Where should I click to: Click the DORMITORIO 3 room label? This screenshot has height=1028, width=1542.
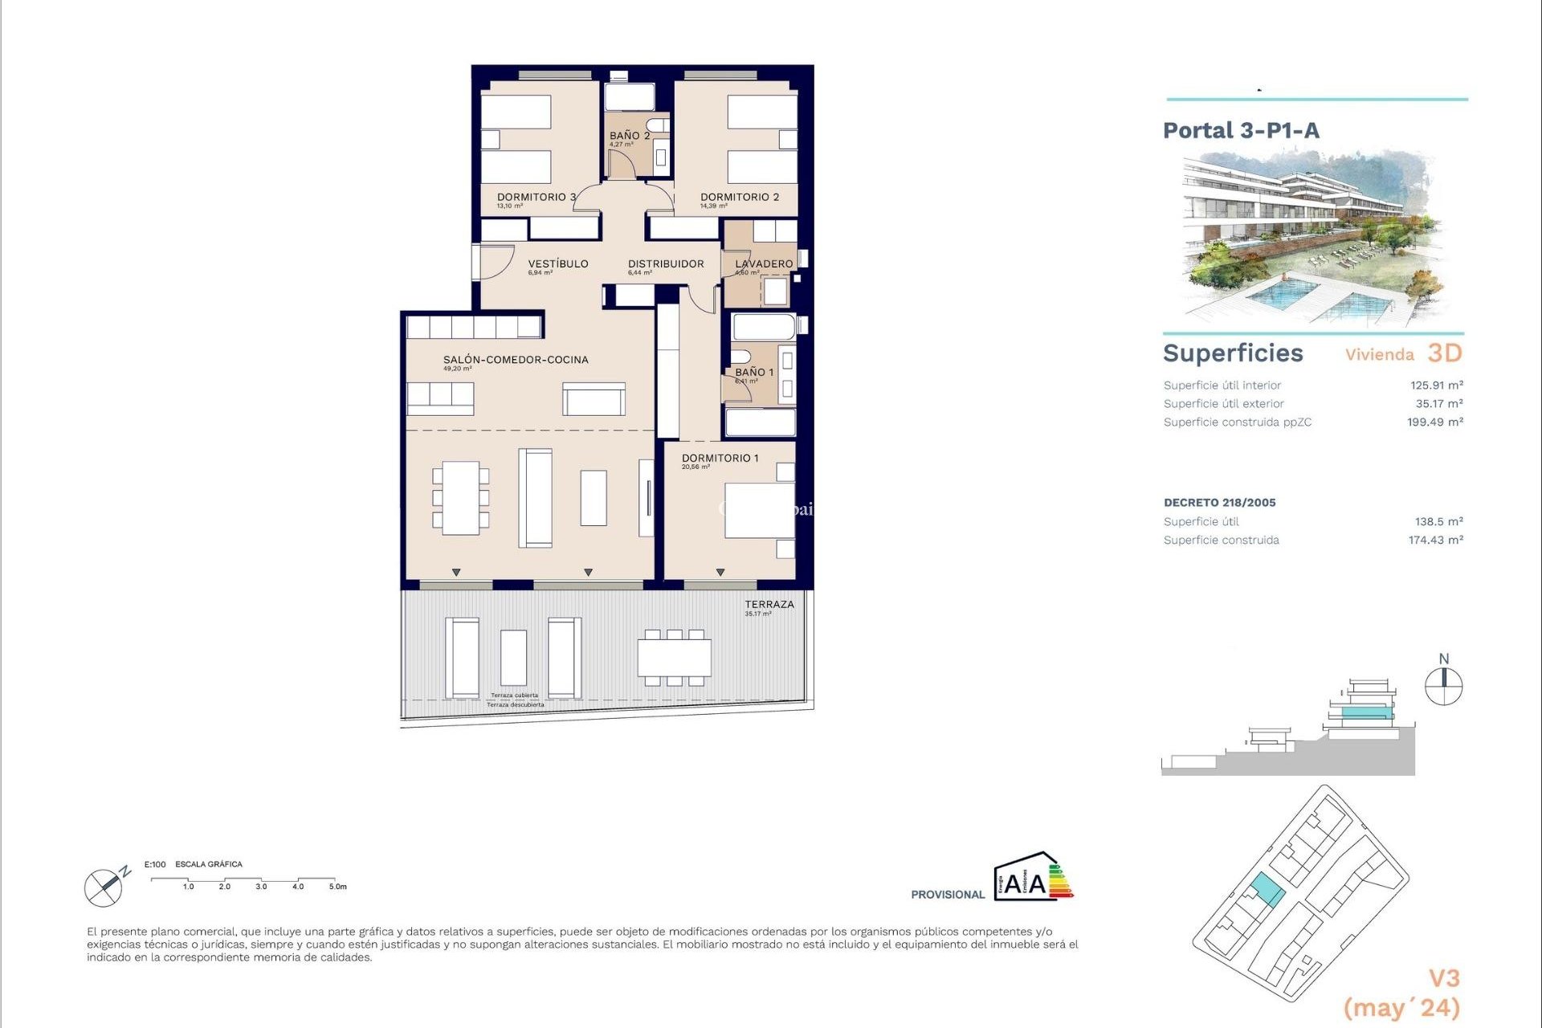[536, 197]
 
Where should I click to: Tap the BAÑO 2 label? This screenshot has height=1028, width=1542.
[629, 136]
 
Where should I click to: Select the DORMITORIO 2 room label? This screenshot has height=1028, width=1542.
[739, 197]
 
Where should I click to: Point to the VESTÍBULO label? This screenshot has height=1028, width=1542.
[558, 263]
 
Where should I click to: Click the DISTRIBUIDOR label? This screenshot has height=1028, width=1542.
[666, 263]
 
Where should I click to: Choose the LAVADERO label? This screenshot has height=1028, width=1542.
[764, 263]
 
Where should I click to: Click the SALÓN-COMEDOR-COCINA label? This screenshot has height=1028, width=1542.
[516, 360]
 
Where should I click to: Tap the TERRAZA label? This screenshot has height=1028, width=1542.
[769, 604]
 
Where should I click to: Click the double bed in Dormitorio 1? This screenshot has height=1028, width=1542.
[758, 510]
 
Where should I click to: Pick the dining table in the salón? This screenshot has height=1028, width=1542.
[460, 498]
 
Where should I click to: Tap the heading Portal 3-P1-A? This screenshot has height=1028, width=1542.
[1241, 130]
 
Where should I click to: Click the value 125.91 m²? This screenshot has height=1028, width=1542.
[1436, 385]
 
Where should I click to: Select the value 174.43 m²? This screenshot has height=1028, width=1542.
[1435, 541]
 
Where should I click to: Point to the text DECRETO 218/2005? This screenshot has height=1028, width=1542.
[1219, 503]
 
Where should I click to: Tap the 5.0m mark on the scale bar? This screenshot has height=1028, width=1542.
[337, 887]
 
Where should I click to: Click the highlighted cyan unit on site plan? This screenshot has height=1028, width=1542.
[1267, 890]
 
